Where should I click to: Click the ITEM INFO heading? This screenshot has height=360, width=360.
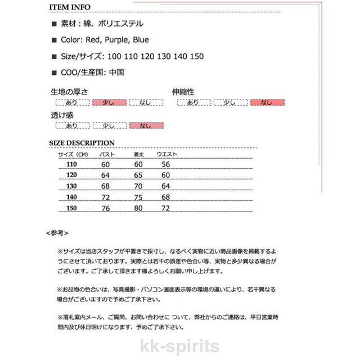pos(73,7)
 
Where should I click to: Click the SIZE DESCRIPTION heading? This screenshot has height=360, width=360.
pos(82,143)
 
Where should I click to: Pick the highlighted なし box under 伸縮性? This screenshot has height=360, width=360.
pos(267,102)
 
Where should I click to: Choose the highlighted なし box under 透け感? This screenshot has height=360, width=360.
pos(146,126)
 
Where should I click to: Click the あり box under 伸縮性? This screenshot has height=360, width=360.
pos(193,102)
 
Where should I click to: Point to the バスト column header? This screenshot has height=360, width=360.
pos(107,154)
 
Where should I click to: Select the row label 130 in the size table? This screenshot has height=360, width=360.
pos(71,186)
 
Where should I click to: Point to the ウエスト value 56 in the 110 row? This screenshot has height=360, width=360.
pos(165,164)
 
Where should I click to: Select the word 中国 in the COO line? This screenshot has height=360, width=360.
pos(116,72)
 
